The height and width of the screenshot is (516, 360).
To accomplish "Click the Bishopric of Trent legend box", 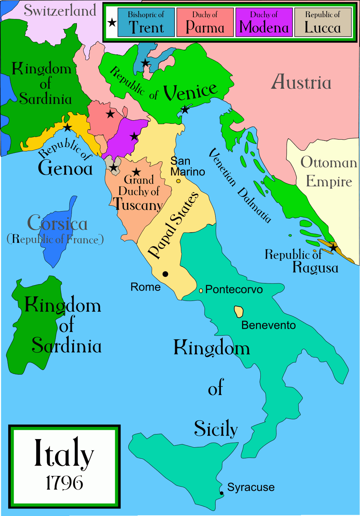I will [146, 23].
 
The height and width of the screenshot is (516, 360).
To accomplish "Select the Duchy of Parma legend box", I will [205, 23].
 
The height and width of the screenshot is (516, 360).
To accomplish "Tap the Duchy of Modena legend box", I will [264, 23].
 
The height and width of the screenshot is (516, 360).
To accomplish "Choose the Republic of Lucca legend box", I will [323, 23].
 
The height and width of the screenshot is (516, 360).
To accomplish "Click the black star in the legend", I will [112, 23].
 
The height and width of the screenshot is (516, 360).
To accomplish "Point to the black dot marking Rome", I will [165, 274].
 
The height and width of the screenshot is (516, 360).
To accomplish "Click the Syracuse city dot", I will [222, 493].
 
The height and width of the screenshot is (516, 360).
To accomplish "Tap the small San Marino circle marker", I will [178, 181].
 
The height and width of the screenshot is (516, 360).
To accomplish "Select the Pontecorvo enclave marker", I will [201, 291].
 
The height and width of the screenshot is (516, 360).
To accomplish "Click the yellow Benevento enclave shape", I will [239, 312].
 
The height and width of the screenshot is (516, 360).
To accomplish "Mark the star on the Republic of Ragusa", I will [333, 247].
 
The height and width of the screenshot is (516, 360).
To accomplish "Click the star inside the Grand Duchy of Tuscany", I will [136, 172].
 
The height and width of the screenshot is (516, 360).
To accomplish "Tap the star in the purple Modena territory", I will [134, 136].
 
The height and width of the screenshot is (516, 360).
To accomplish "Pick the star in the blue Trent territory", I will [145, 63].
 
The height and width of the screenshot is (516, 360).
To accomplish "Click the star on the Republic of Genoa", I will [67, 127].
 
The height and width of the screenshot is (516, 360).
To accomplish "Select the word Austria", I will [301, 82].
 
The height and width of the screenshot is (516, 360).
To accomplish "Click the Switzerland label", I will [60, 10].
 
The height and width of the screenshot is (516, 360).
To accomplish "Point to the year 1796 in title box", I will [64, 483].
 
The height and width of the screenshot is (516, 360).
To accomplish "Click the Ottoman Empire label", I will [329, 172].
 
